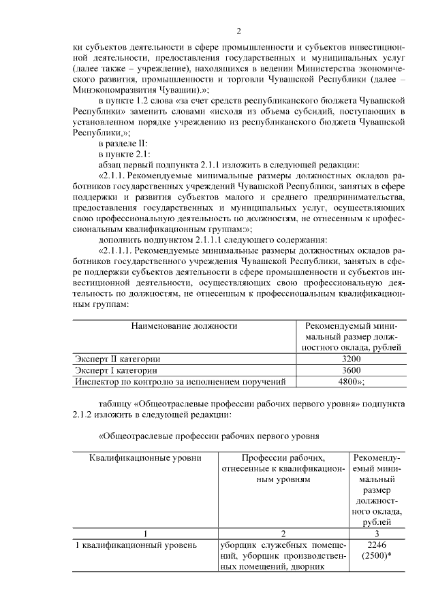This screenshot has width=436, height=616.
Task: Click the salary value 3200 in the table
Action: [x=350, y=358]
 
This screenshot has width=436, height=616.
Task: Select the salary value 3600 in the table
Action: [x=350, y=370]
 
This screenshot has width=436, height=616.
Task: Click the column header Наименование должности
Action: [x=184, y=326]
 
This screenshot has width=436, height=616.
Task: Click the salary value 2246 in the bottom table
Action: [x=377, y=545]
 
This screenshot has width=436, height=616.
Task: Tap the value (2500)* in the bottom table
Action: [x=377, y=557]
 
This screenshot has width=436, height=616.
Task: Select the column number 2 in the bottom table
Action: [x=283, y=534]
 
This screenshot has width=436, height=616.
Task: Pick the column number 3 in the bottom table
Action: [x=377, y=534]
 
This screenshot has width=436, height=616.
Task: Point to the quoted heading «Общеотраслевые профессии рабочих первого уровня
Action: [x=208, y=434]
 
